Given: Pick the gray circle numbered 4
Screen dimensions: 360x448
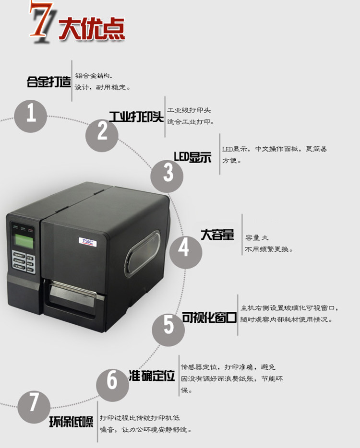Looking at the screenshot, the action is (184, 248).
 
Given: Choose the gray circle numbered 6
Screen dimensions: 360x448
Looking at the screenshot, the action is (112, 381).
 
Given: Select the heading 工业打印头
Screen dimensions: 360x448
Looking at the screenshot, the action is (136, 117).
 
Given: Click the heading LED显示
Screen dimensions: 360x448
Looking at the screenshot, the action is (192, 157).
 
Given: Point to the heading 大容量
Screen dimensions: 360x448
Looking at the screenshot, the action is (217, 235).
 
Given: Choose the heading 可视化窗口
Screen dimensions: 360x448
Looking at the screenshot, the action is (209, 317).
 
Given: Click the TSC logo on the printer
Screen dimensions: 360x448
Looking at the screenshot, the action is (87, 241).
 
